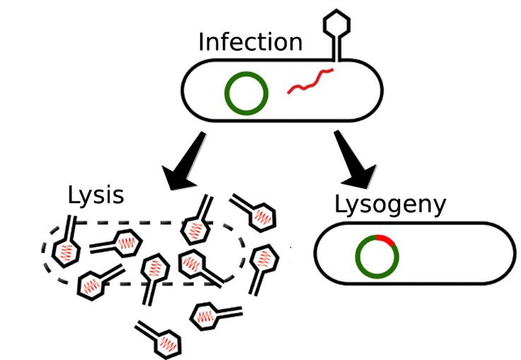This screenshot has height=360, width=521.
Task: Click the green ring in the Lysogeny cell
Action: tap(377, 255)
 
